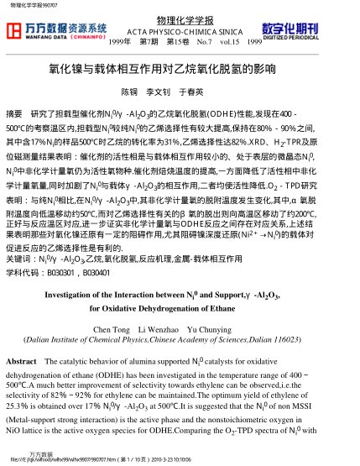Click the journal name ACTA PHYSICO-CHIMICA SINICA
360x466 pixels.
[x=179, y=31]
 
